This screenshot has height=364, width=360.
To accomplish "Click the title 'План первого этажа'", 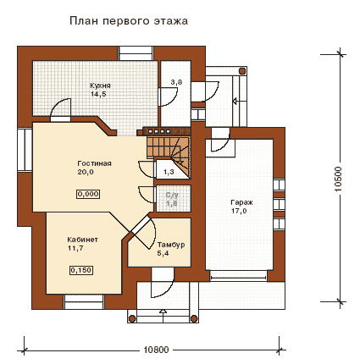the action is click(x=129, y=21).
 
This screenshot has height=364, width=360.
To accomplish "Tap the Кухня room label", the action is click(x=100, y=85).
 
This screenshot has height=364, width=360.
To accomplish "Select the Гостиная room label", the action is click(x=94, y=163).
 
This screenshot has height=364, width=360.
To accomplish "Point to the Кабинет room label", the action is click(x=82, y=240).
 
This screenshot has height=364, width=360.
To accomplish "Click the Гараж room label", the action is click(x=241, y=202).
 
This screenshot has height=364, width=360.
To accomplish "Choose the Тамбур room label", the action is click(x=171, y=245).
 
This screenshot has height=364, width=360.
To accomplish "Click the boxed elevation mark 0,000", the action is click(x=88, y=194).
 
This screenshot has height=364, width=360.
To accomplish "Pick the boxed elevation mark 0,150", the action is click(x=81, y=270).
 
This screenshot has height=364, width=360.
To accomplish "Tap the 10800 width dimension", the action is click(x=156, y=350).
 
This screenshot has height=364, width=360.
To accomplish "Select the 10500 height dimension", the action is click(x=338, y=179).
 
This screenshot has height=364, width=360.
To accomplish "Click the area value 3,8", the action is click(x=176, y=82).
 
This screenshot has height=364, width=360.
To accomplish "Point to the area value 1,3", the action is click(x=169, y=172).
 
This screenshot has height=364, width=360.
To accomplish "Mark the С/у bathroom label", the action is click(x=172, y=195).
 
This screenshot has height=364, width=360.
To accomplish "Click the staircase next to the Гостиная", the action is click(x=169, y=152).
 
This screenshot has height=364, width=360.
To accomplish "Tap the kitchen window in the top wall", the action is click(x=136, y=53).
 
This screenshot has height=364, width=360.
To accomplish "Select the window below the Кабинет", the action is click(x=84, y=302).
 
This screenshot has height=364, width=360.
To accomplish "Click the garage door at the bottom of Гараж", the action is click(x=239, y=276).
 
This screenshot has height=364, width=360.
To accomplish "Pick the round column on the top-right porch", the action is click(x=242, y=70).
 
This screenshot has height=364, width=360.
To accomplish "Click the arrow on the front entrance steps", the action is click(x=163, y=316).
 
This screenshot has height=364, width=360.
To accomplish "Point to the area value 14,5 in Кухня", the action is click(x=98, y=94).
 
